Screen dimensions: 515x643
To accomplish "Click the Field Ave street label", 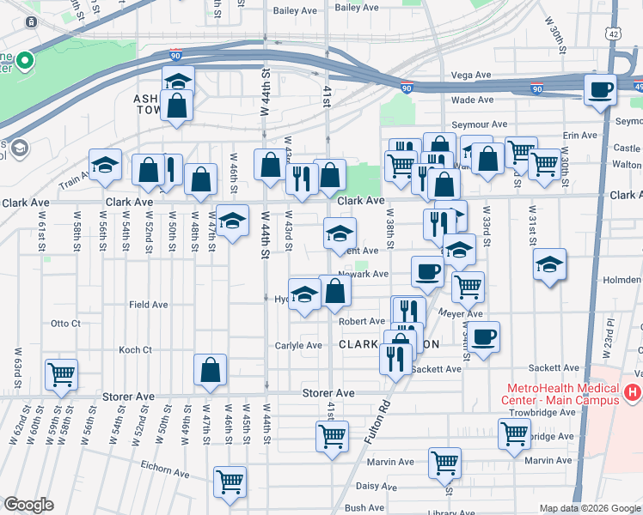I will pyautogui.click(x=148, y=305).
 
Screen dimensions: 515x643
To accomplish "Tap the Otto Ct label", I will pyautogui.click(x=65, y=324).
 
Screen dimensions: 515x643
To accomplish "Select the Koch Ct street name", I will pyautogui.click(x=135, y=350).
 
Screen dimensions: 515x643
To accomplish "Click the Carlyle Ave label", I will pyautogui.click(x=297, y=346).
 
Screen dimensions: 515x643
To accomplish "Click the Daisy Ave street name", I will pyautogui.click(x=376, y=486).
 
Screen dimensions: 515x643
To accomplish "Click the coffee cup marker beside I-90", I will pyautogui.click(x=600, y=89).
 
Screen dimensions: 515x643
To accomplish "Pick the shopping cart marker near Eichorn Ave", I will pyautogui.click(x=230, y=482).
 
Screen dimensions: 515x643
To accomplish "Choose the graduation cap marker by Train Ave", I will pyautogui.click(x=105, y=165).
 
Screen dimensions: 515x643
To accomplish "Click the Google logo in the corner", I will pyautogui.click(x=28, y=505).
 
